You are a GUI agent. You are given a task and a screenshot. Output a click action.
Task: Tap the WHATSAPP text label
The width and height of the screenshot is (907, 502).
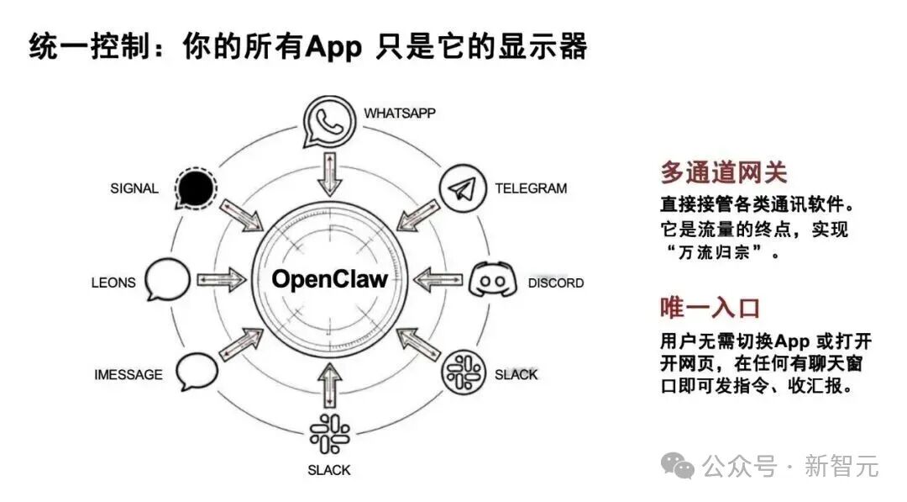pos(400,113)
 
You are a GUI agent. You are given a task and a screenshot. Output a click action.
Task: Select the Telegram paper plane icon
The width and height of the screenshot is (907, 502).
pos(460,188)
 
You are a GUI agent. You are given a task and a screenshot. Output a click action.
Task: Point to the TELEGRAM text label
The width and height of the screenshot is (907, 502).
pos(530,188)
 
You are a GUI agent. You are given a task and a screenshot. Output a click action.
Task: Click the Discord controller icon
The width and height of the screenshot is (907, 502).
pos(491,279)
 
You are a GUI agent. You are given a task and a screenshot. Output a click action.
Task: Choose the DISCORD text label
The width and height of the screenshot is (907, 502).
pos(555,283)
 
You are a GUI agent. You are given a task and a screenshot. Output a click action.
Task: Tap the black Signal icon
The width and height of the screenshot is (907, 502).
pos(196,188)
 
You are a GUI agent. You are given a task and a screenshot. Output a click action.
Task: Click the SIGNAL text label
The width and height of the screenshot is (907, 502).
pos(134,188)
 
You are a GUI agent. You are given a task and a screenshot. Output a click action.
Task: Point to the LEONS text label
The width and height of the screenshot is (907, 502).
pos(113,283)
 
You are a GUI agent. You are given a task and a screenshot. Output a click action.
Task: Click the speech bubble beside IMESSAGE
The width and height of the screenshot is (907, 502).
pos(196,370)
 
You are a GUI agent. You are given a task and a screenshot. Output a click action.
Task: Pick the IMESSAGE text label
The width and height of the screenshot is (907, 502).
pos(128,374)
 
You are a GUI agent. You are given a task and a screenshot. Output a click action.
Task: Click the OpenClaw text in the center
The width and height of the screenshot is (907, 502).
pos(329,279)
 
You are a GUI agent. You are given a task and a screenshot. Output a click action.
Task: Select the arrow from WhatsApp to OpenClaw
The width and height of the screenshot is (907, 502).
pos(328,174)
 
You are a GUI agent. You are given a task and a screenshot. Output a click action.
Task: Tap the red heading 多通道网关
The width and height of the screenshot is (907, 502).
pos(723,172)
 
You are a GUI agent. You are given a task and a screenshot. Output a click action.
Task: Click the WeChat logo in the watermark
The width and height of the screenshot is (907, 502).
pos(678,465)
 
